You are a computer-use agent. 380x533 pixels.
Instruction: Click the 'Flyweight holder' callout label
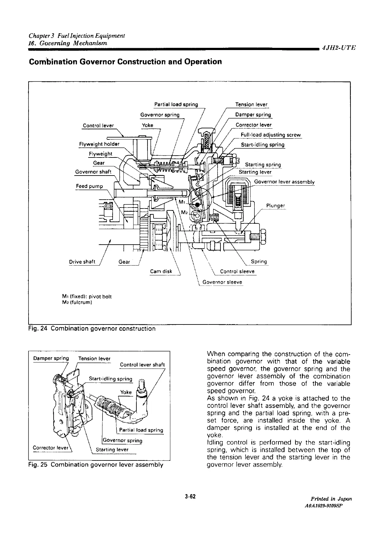(x=99, y=144)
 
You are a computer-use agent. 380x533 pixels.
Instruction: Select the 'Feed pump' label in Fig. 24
(x=89, y=186)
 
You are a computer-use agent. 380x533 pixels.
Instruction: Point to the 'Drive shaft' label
(x=82, y=262)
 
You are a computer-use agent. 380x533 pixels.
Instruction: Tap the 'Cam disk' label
(x=161, y=271)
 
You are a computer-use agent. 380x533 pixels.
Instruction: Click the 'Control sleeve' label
(x=237, y=271)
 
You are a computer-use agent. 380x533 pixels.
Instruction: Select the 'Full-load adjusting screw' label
(x=271, y=135)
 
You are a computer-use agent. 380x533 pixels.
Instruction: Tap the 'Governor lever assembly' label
(x=284, y=182)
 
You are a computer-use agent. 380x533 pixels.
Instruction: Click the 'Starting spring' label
(x=263, y=164)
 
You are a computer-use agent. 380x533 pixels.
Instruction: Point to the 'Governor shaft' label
(x=93, y=172)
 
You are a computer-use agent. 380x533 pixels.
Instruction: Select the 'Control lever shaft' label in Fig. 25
(x=142, y=365)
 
